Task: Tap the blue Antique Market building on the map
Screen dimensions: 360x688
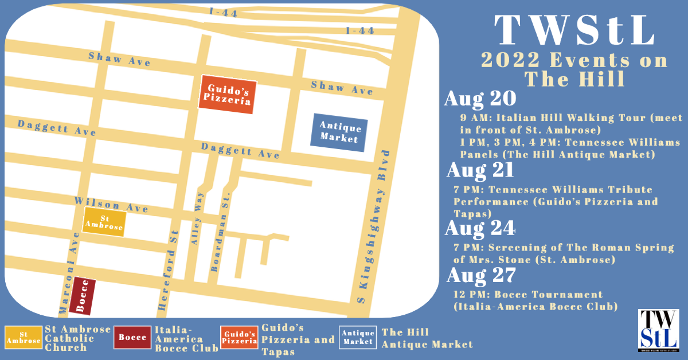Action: point(339,133)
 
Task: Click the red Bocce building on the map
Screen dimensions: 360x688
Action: point(82,297)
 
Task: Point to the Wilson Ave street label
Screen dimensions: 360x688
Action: point(111,205)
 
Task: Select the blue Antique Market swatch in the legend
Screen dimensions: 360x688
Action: point(357,338)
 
